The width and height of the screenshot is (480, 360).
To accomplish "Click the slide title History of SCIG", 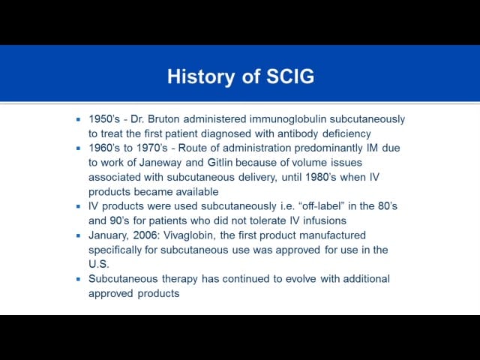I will click(x=240, y=76).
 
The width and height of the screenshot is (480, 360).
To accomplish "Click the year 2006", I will click(x=148, y=235).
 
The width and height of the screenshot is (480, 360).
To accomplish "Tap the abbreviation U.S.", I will click(x=99, y=264).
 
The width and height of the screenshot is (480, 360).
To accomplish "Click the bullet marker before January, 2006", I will click(x=79, y=235).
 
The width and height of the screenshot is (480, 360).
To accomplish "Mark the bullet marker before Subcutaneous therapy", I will click(x=79, y=279).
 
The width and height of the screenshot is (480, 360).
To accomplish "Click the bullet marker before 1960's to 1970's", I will click(x=79, y=148).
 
